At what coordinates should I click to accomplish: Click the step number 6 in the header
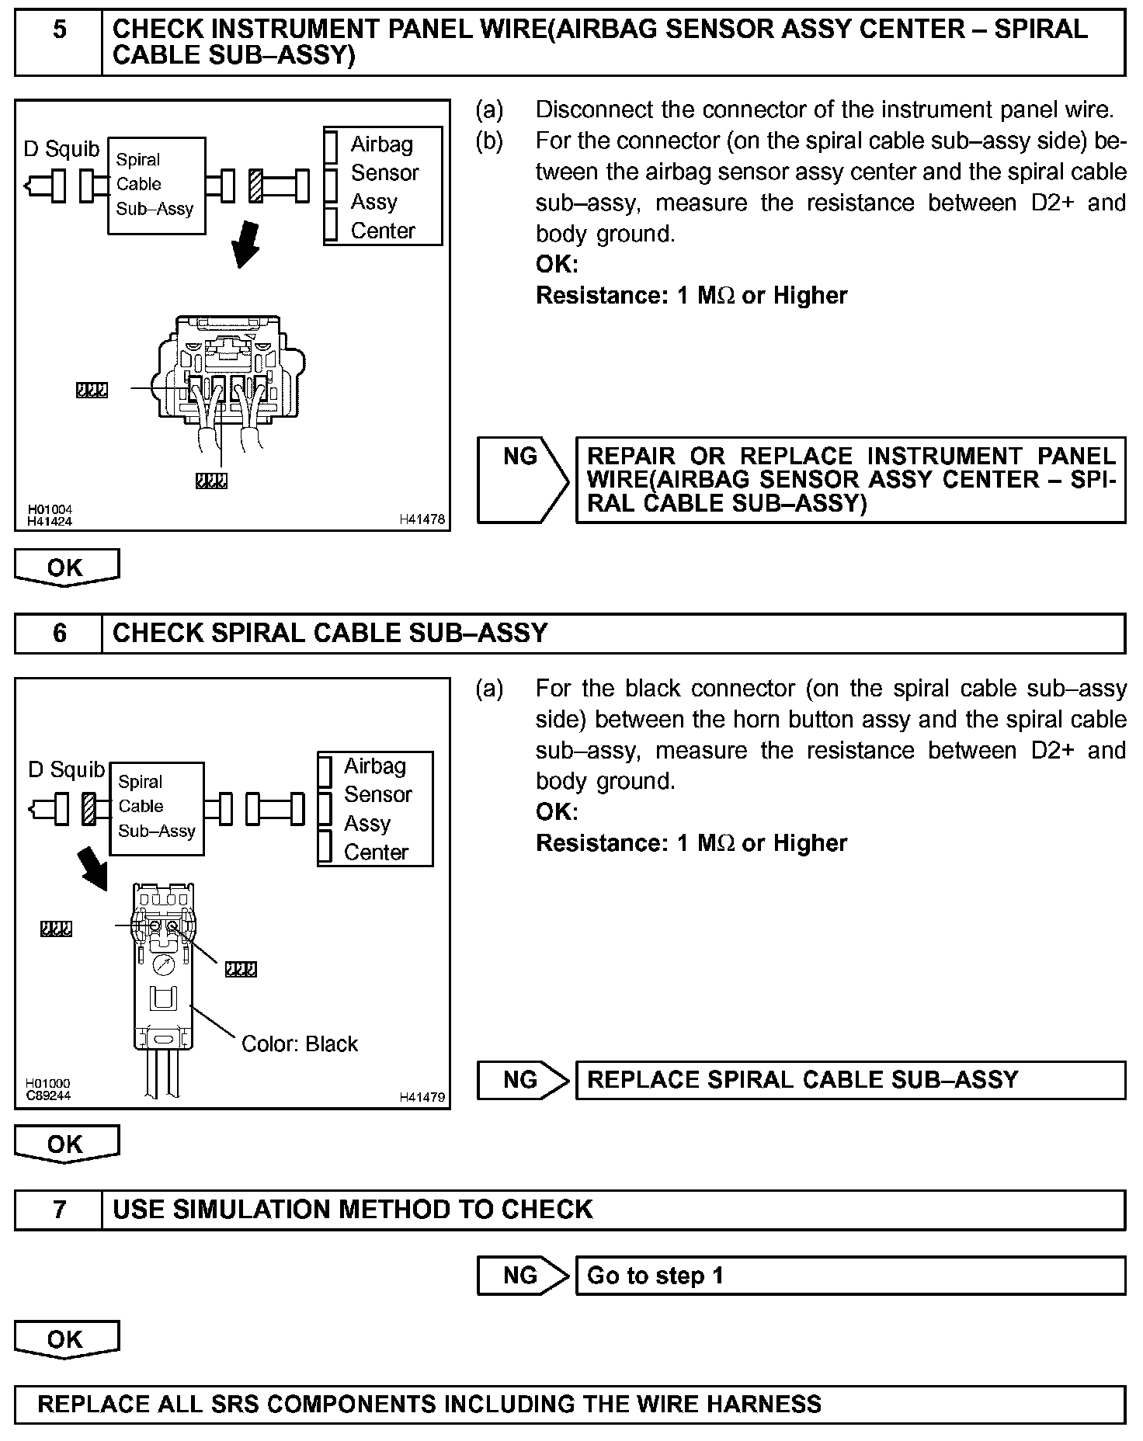point(59,634)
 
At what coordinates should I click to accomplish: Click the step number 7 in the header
point(59,1210)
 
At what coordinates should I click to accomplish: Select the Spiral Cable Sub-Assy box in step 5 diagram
point(156,185)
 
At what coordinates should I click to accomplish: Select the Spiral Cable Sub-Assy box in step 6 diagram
point(156,807)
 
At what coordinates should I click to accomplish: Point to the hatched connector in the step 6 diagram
point(89,808)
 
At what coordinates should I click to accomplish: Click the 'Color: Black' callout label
point(300,1043)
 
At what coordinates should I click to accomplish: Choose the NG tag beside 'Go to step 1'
point(521,1276)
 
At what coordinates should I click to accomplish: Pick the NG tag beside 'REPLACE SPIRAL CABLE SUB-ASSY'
point(521,1080)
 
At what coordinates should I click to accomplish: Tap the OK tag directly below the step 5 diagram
point(66,568)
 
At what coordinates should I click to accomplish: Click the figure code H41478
point(422,519)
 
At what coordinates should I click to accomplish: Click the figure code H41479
point(422,1097)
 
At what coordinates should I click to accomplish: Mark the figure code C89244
point(48,1096)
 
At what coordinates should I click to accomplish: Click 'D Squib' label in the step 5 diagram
point(61,148)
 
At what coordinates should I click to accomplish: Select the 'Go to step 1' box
point(849,1276)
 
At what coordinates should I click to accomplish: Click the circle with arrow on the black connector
point(163,965)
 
